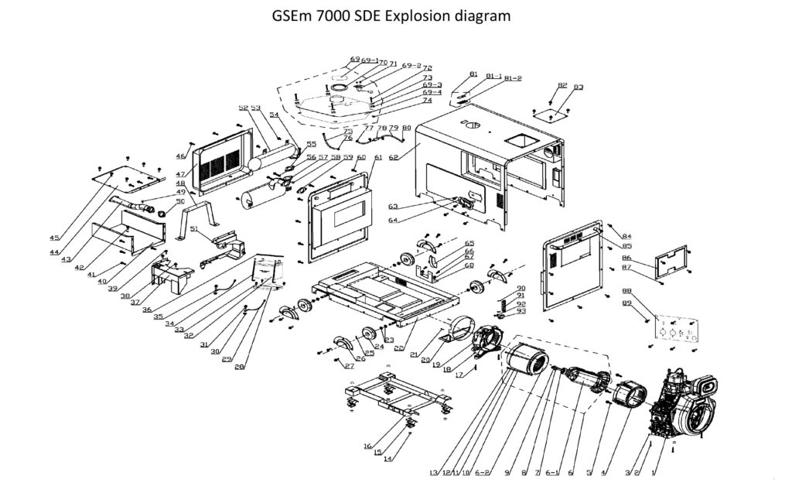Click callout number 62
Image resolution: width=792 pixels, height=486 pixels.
[394, 157]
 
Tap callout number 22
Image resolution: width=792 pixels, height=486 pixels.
[398, 347]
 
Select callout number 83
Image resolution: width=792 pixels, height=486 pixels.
[579, 87]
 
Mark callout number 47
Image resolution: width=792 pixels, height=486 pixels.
[181, 175]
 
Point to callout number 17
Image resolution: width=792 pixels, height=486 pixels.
[462, 375]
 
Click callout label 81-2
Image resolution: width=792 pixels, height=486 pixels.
[513, 79]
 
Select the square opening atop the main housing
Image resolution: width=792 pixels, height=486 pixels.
[521, 142]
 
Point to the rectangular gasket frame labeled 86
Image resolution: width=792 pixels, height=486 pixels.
[672, 262]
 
